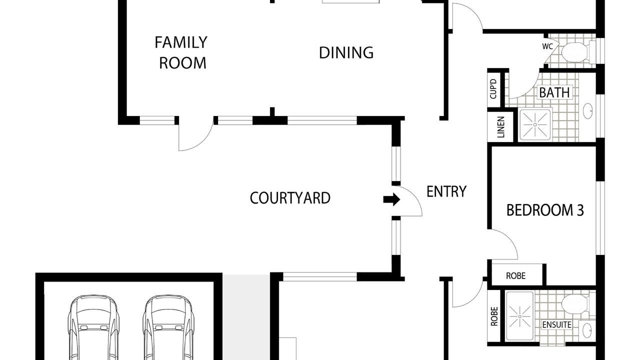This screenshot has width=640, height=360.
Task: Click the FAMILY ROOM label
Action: click(x=181, y=52)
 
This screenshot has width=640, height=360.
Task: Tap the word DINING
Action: click(x=346, y=52)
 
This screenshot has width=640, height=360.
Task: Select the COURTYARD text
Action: click(x=290, y=197)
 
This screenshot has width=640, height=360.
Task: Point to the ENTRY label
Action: click(x=446, y=191)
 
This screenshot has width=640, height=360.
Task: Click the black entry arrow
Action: click(x=391, y=199)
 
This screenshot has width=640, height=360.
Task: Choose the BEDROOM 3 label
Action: click(x=545, y=210)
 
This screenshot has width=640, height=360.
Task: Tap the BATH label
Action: click(x=554, y=92)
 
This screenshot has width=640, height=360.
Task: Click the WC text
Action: click(x=547, y=46)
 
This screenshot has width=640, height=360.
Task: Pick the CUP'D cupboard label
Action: click(x=493, y=89)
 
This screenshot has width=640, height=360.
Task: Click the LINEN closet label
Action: click(x=501, y=127)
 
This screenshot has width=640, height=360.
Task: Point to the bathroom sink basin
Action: click(x=587, y=111)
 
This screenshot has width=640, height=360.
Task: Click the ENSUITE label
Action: click(x=557, y=325)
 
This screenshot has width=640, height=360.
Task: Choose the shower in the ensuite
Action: click(x=519, y=316)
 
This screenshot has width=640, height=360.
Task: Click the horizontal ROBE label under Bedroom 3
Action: click(x=515, y=275)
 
